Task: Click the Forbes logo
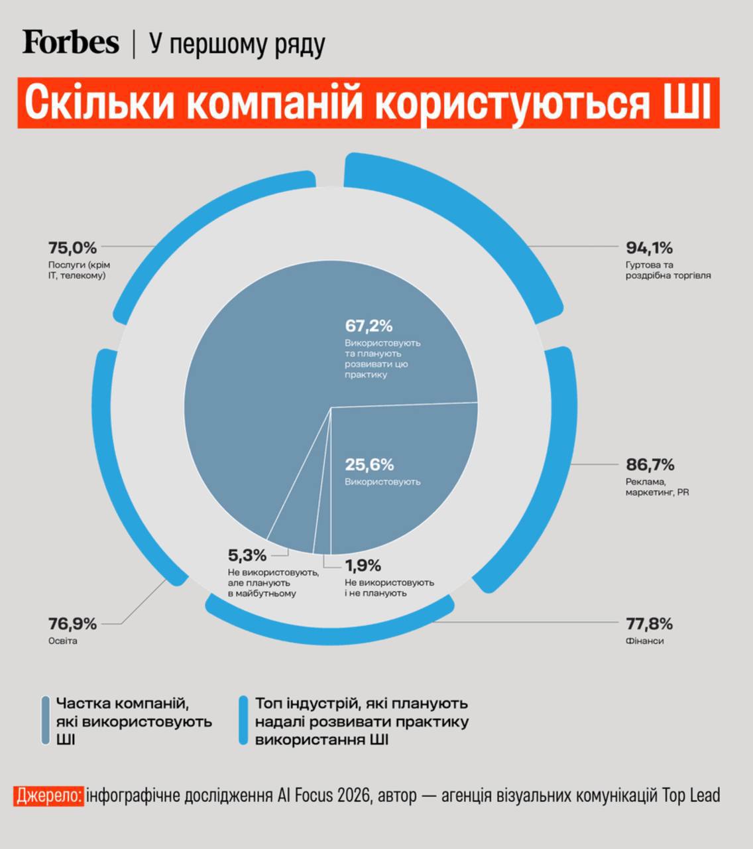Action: [x=70, y=42]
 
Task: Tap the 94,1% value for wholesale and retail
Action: [x=649, y=248]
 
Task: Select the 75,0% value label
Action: [x=72, y=248]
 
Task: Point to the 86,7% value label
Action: [x=650, y=464]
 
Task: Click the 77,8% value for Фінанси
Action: [x=649, y=623]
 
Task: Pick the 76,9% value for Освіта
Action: [x=72, y=623]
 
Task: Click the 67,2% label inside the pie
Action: [x=369, y=326]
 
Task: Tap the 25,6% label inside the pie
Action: [x=369, y=464]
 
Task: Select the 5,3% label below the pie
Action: [x=247, y=555]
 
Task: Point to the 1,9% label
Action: [x=363, y=566]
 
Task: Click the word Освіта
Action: [x=62, y=641]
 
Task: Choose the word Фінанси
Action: [x=644, y=641]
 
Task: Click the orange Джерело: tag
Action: [x=49, y=795]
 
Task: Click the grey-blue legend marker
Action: [x=46, y=720]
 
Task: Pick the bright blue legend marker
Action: [x=243, y=720]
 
